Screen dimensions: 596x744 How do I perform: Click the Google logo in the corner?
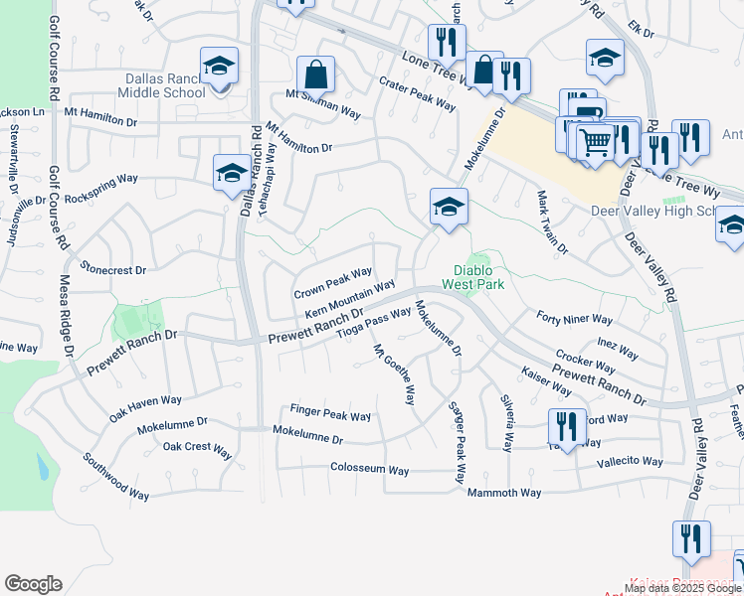pyautogui.click(x=33, y=584)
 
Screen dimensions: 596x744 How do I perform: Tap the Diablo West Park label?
pyautogui.click(x=479, y=277)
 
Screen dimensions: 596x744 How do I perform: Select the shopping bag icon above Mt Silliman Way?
pyautogui.click(x=315, y=74)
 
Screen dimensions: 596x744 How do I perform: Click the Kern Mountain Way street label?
pyautogui.click(x=349, y=299)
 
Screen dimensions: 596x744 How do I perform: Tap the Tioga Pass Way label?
pyautogui.click(x=374, y=324)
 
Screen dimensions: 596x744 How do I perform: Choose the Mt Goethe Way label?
pyautogui.click(x=394, y=374)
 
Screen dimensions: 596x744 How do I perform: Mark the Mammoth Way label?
pyautogui.click(x=505, y=493)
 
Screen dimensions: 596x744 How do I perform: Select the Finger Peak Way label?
pyautogui.click(x=330, y=415)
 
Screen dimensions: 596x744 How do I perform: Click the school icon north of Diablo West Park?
pyautogui.click(x=449, y=207)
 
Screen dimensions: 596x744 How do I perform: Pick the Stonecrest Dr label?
pyautogui.click(x=113, y=269)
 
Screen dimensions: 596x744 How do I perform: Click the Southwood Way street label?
pyautogui.click(x=115, y=477)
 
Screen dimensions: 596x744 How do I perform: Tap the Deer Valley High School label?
pyautogui.click(x=666, y=211)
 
